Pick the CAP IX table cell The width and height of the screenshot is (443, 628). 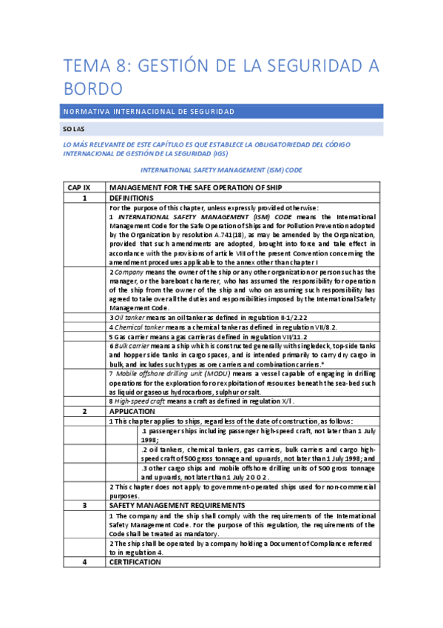coord(84,188)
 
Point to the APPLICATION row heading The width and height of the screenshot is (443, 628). coord(131,410)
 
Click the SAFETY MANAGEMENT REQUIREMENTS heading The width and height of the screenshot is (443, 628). coord(172,505)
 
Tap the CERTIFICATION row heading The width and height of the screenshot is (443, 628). coord(135,562)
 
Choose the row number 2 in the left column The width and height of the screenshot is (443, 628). coord(84,410)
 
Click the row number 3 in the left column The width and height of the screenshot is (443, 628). coord(84,505)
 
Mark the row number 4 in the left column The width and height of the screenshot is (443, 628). coord(84,562)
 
